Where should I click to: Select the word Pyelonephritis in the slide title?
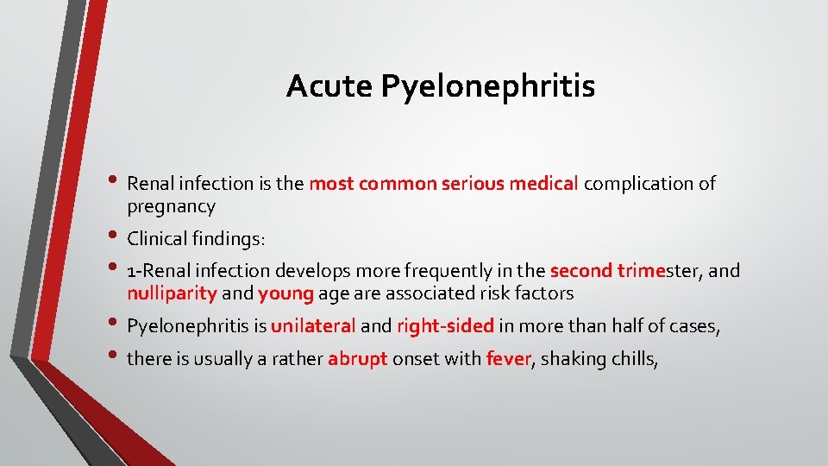(487, 87)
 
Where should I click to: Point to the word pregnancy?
(171, 207)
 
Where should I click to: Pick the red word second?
(580, 271)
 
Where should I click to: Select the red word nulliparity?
(172, 293)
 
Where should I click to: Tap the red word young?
(285, 293)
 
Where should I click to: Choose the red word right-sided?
(445, 326)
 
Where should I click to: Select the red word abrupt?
(357, 358)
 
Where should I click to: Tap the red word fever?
(508, 358)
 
